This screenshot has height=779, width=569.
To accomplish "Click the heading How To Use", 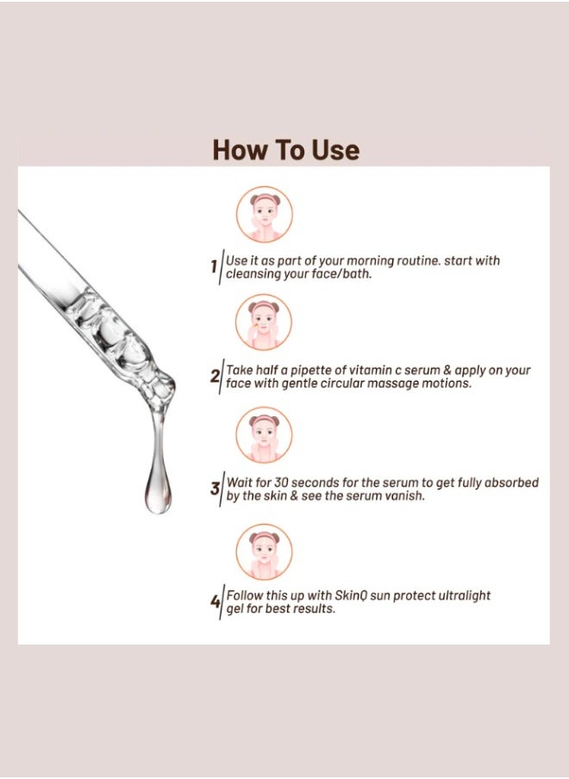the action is tap(285, 150).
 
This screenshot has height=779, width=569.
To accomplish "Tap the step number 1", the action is tap(214, 267).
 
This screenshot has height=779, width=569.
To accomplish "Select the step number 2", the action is tap(214, 376).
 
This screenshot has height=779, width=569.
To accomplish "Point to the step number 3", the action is tap(215, 489).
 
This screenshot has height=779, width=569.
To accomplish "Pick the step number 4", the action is tap(215, 601).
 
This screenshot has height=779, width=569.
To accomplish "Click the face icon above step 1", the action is tap(265, 214).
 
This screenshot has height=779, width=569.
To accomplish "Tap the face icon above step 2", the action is tap(264, 322).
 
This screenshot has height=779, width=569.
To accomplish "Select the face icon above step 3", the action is tap(264, 435).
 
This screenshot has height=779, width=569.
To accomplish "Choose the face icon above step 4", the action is tap(264, 552).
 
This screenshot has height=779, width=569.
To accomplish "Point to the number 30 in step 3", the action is tap(281, 483).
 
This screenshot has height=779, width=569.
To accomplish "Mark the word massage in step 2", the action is tap(395, 384).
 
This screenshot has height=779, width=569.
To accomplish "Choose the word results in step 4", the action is tap(314, 609).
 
